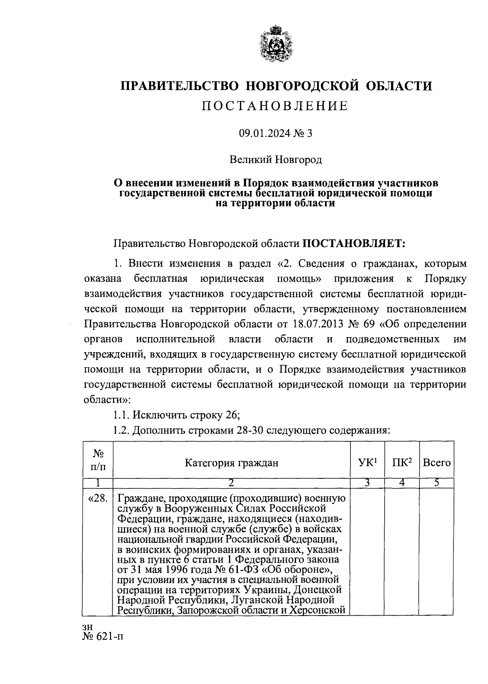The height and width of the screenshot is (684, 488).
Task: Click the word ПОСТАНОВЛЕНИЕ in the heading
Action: tap(275, 106)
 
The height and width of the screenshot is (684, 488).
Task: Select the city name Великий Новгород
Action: tap(276, 159)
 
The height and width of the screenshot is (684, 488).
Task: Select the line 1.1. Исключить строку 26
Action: tap(176, 415)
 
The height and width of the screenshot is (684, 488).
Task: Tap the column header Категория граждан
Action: tap(232, 463)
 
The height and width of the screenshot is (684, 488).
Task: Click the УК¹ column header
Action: tap(368, 463)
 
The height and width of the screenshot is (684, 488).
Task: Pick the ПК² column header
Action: tap(402, 463)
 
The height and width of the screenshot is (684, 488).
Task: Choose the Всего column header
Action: tap(436, 463)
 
